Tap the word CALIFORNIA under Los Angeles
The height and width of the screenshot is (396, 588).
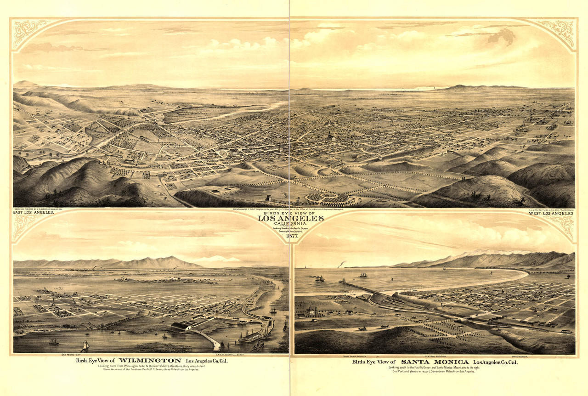coord(290,223)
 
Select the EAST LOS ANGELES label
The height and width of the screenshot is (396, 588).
coord(34,213)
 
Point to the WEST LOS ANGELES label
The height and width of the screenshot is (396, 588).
coord(551,213)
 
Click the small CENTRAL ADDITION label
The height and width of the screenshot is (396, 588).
coord(436,356)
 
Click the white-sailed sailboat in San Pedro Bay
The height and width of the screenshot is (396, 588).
coord(85,345)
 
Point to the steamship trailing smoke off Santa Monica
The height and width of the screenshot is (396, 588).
coord(319,278)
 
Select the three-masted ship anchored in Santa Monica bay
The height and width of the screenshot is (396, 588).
coord(363,275)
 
